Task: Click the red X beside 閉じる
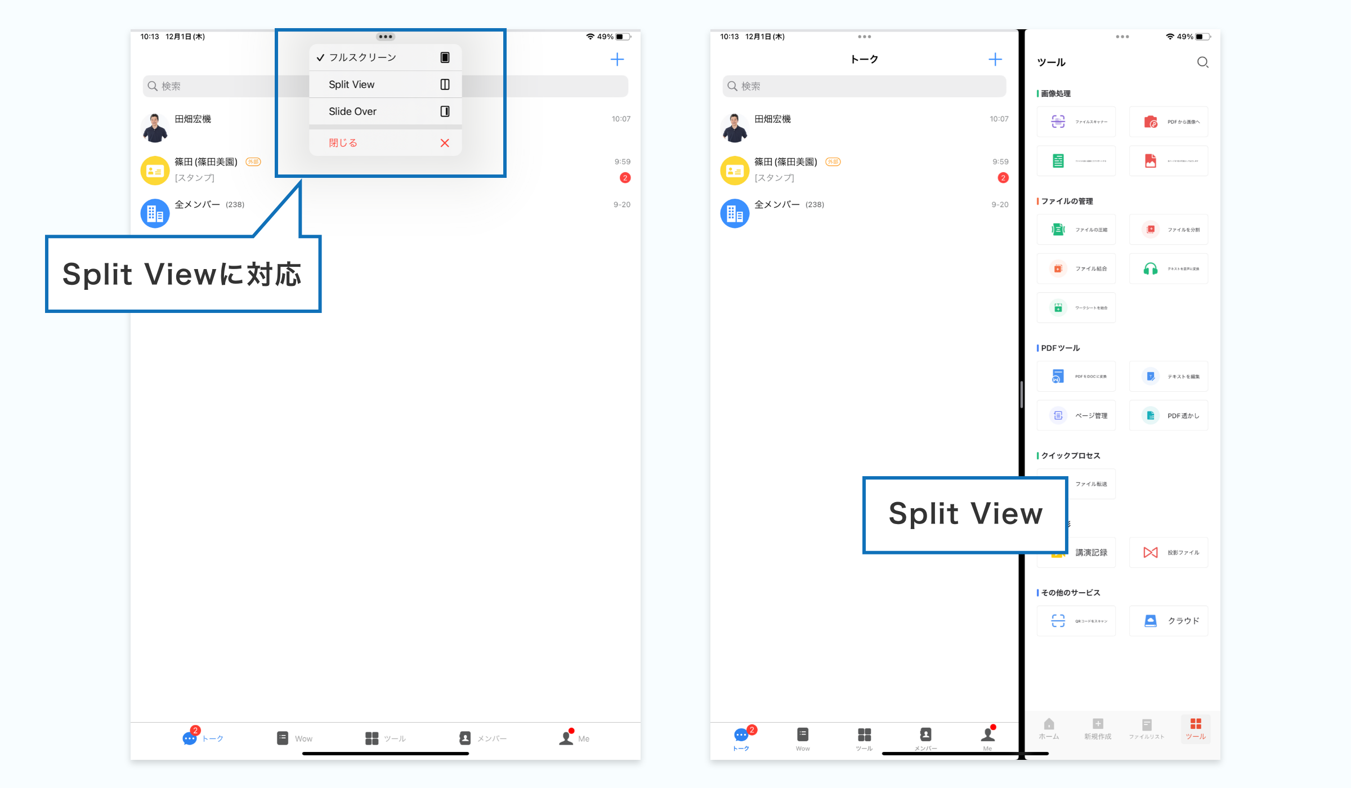coord(445,143)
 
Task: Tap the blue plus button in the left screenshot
coord(617,60)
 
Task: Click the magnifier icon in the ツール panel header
coord(1202,62)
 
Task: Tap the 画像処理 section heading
coord(1055,93)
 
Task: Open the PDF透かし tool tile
coord(1169,416)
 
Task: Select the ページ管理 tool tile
coord(1076,416)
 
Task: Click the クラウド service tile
coord(1169,621)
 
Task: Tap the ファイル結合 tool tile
coord(1076,269)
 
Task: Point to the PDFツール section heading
coord(1060,348)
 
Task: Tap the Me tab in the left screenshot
coord(574,738)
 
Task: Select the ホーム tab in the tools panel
coord(1049,729)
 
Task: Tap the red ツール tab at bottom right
coord(1196,729)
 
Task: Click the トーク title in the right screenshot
coord(864,60)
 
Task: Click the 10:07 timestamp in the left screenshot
coord(621,119)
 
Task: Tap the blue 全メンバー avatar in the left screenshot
coord(155,213)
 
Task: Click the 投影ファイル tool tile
coord(1169,553)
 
